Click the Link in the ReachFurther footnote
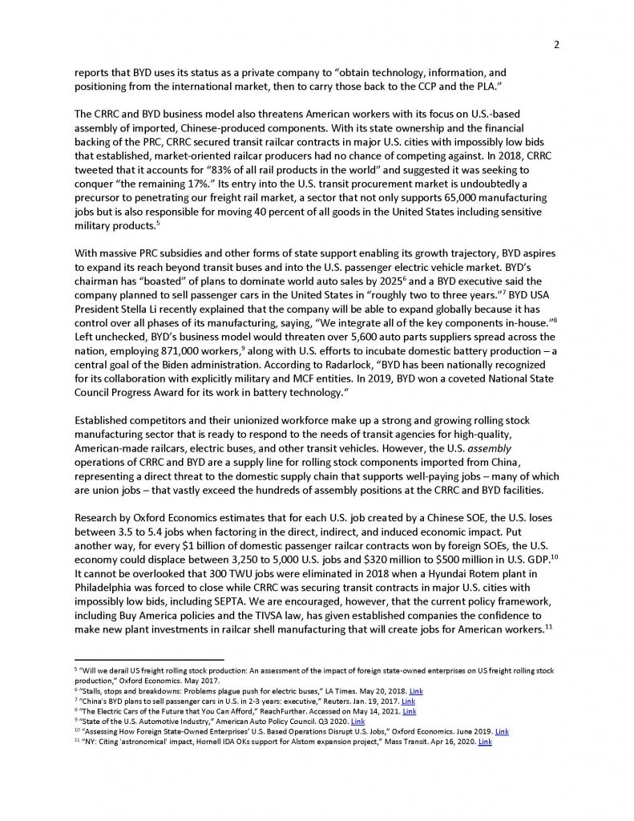409,706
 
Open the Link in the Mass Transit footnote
484,742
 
